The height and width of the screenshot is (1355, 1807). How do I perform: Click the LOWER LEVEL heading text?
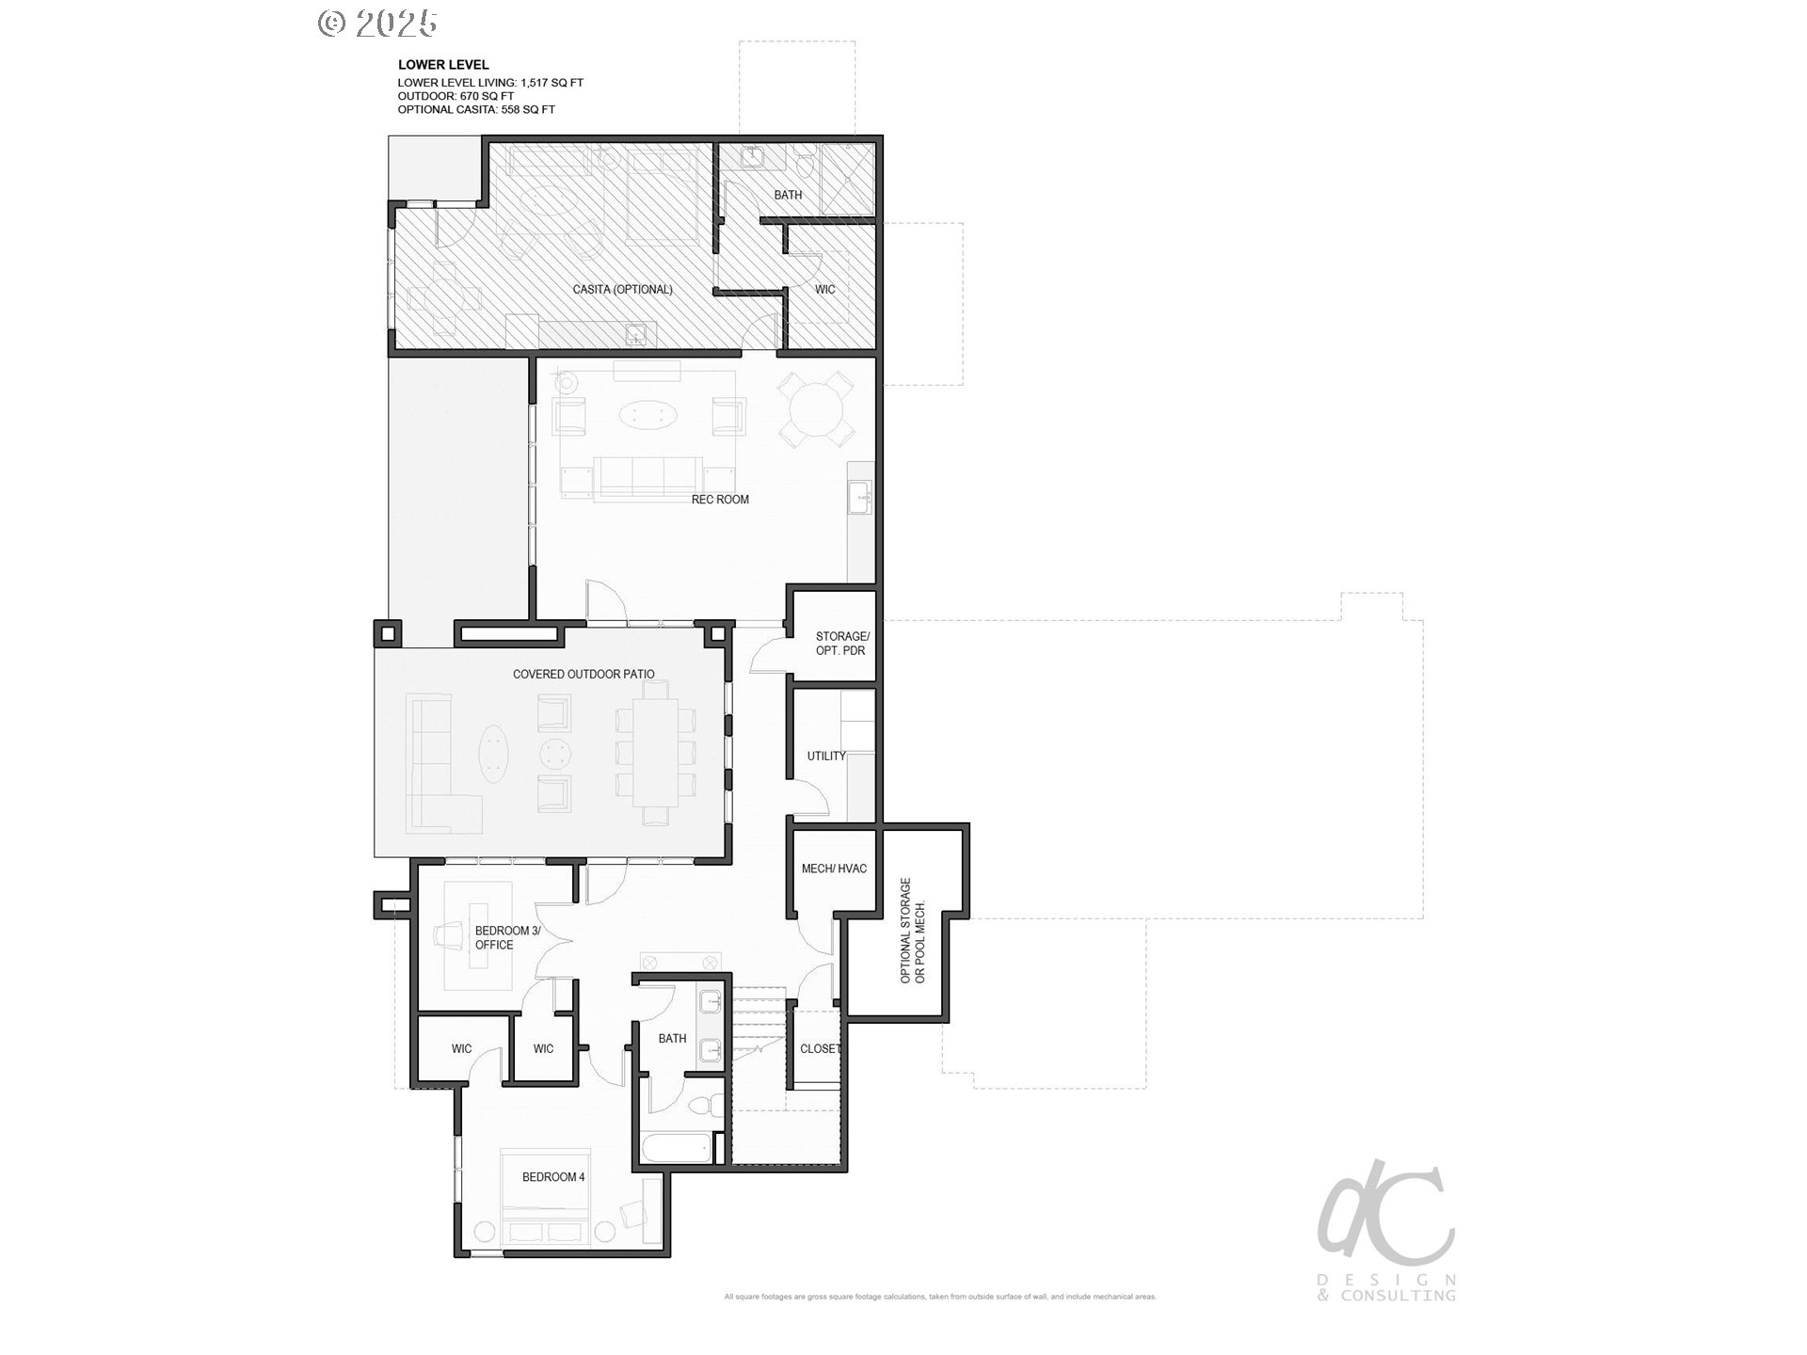tap(443, 65)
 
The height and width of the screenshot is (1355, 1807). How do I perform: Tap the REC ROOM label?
tap(720, 500)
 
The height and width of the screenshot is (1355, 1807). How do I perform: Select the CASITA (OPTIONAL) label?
tap(622, 290)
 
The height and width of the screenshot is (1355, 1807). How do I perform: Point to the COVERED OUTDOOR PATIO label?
tap(584, 675)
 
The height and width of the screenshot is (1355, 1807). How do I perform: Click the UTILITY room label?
tap(826, 757)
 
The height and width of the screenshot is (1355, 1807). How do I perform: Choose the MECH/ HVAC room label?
tap(834, 869)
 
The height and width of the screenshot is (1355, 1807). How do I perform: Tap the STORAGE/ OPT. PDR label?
tap(841, 644)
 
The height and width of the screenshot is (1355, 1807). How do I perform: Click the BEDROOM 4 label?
tap(553, 1177)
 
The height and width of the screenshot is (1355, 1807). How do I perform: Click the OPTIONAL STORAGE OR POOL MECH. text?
tap(913, 932)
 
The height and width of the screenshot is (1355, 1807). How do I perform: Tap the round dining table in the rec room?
tap(818, 409)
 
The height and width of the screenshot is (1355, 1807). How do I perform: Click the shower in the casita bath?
tap(848, 179)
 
